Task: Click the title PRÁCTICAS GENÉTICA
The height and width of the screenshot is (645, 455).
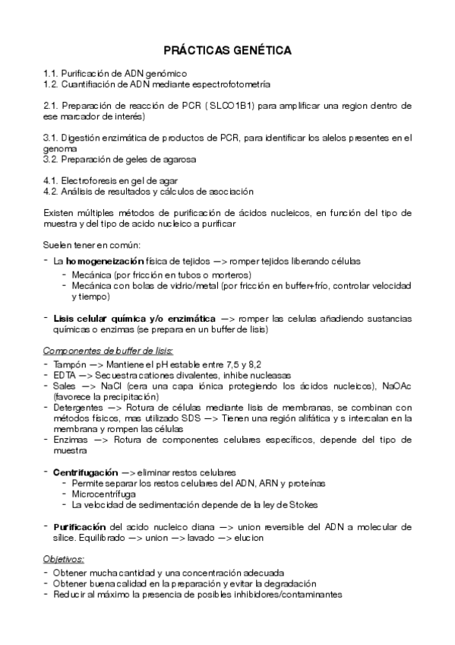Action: (228, 50)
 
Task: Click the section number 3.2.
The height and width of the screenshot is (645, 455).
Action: (52, 160)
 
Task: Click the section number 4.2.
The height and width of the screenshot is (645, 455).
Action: (52, 192)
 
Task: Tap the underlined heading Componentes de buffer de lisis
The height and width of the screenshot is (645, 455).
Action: (108, 351)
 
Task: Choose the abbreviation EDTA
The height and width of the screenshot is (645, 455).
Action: (65, 375)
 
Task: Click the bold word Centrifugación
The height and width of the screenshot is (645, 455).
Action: (85, 472)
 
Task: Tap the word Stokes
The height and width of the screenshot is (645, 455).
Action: (302, 504)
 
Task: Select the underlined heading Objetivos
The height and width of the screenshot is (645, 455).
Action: (64, 559)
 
